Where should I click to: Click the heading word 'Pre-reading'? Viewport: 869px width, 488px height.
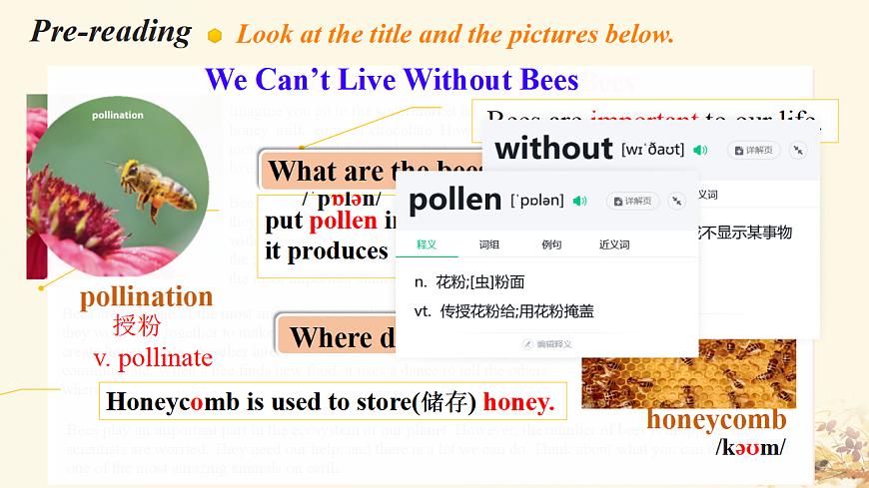[x=111, y=31]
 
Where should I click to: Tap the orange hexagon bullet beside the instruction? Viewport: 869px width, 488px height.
[x=215, y=36]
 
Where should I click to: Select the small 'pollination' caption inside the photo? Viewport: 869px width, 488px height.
[x=118, y=116]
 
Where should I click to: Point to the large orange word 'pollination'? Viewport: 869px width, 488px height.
[x=146, y=297]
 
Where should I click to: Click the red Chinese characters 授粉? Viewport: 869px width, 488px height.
[x=136, y=325]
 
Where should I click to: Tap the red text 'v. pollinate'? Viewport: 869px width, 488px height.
[x=153, y=357]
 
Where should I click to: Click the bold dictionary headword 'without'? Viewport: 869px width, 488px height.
[x=553, y=150]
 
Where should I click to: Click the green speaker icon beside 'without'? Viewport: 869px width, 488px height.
[x=700, y=150]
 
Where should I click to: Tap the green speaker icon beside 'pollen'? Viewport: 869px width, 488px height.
[x=579, y=201]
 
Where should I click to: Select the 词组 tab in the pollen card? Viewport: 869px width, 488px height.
[x=489, y=244]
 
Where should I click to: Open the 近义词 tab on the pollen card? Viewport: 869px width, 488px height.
[x=614, y=244]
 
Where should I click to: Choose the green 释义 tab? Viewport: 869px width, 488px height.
[x=427, y=244]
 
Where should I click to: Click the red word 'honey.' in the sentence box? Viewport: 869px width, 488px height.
[x=518, y=402]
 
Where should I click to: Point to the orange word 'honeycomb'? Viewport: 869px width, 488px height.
[x=715, y=419]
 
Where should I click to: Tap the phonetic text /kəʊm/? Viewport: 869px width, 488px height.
[x=750, y=446]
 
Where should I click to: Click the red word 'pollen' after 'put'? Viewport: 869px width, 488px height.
[x=343, y=222]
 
